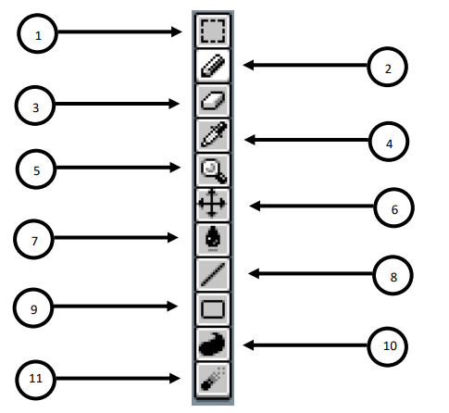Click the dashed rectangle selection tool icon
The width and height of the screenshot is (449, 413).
213,31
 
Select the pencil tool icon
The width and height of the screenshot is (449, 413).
213,66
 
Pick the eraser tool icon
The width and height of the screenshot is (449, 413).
213,100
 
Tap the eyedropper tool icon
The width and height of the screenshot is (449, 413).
214,134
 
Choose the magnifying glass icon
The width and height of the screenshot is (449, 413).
214,170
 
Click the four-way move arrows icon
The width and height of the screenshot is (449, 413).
212,204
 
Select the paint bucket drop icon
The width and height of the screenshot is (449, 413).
213,238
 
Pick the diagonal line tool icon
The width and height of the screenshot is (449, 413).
213,273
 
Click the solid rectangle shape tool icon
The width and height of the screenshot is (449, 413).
213,308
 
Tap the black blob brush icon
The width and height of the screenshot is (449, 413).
212,344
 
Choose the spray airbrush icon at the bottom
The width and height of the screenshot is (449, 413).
213,379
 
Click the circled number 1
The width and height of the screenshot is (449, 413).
38,33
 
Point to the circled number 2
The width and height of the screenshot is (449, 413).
388,67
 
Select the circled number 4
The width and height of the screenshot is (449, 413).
389,142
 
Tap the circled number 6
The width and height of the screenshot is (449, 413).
393,207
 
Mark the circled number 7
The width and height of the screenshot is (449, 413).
34,239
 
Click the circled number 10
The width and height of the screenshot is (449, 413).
388,346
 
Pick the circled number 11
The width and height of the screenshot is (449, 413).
36,380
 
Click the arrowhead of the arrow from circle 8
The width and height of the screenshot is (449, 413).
254,273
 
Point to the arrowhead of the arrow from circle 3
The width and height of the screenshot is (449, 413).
174,104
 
